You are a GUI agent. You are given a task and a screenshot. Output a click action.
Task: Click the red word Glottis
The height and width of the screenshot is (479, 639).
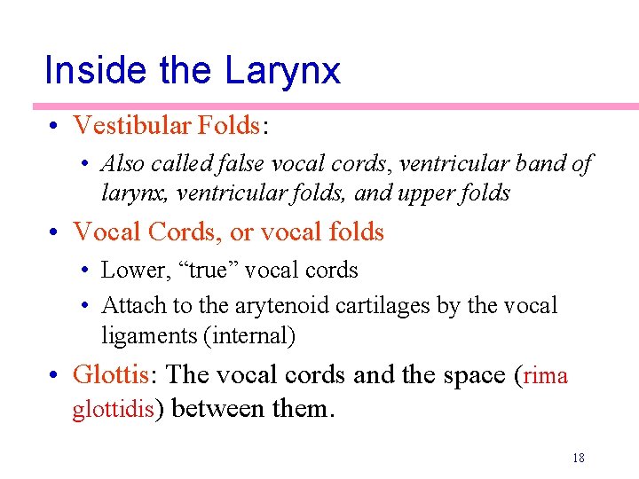click(110, 375)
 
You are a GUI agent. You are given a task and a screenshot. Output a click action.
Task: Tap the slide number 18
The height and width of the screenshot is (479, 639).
click(578, 459)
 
